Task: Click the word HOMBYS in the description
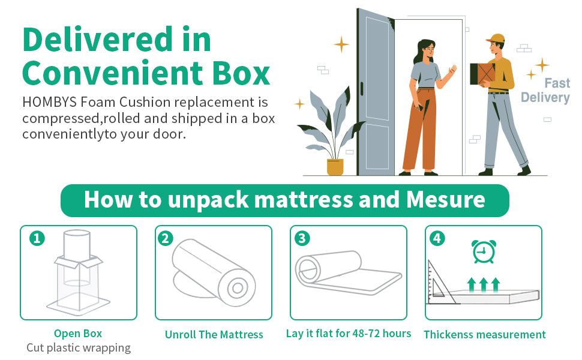49,102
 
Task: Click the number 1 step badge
37,238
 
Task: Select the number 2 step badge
166,238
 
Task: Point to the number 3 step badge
302,238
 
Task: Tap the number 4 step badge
437,238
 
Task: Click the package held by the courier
482,74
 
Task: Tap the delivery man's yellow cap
496,38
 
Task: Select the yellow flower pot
335,167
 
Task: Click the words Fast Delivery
545,90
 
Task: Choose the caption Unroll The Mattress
214,335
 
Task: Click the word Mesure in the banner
445,200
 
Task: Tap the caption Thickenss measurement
485,335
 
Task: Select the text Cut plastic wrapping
79,348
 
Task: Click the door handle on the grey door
362,89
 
